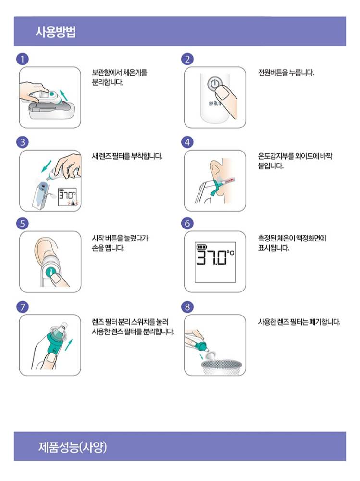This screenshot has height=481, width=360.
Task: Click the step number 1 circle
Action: (x=22, y=59)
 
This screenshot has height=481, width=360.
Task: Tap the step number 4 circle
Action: (x=187, y=142)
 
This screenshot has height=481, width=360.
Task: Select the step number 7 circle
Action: (x=22, y=307)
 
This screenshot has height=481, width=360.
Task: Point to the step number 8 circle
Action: (x=187, y=307)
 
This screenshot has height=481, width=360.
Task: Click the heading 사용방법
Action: (x=55, y=32)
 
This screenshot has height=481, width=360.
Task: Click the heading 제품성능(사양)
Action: (x=73, y=447)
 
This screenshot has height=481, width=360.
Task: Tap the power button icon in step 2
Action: (x=215, y=84)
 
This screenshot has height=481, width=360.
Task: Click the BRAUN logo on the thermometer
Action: (x=215, y=103)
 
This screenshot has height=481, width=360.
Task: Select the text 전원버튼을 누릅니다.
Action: (x=286, y=73)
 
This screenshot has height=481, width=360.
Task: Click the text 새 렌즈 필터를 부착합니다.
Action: (x=127, y=156)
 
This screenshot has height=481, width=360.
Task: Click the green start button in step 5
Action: (x=50, y=272)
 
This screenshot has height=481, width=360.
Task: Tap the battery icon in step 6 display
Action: (x=201, y=247)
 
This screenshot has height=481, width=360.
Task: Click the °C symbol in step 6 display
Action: (x=230, y=253)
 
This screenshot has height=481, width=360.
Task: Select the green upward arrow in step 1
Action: (x=64, y=96)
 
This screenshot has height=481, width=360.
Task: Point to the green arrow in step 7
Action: (x=70, y=346)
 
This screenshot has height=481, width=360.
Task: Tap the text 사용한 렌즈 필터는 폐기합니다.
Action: (x=299, y=322)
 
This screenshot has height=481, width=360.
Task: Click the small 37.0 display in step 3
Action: (x=67, y=195)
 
